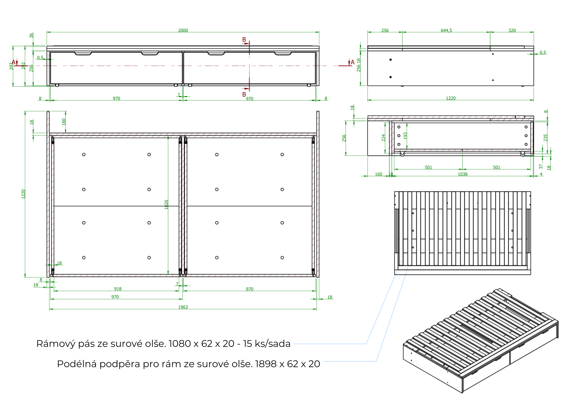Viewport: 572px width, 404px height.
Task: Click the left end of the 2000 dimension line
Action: (x=47, y=32)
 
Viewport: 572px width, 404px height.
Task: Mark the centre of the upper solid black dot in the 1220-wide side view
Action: (x=390, y=59)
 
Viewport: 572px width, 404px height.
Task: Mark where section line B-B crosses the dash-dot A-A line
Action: (x=249, y=66)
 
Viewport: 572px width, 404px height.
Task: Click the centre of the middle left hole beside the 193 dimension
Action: (x=399, y=136)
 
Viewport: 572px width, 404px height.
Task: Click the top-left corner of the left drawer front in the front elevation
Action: (x=51, y=52)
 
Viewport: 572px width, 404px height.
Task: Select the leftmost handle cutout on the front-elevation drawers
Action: (x=83, y=53)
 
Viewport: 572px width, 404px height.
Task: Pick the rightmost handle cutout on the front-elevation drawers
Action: (x=283, y=53)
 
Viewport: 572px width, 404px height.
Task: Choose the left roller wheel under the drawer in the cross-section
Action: (x=402, y=154)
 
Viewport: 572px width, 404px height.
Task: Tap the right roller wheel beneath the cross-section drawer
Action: (x=523, y=154)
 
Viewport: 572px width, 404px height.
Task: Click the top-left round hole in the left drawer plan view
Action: (x=84, y=155)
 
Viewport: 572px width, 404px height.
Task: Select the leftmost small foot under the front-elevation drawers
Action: (x=57, y=85)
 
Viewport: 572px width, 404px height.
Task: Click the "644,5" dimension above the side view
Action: (x=446, y=30)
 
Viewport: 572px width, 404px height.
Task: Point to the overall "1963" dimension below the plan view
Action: (x=183, y=307)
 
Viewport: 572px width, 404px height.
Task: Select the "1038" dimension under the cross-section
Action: (x=462, y=174)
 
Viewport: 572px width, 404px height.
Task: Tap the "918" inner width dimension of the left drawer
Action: (x=118, y=289)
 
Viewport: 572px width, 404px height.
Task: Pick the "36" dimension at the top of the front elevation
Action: (x=31, y=35)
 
